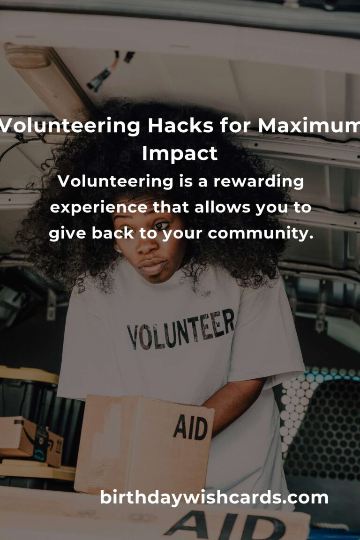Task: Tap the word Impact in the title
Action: click(180, 154)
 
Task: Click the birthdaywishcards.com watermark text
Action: click(214, 498)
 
